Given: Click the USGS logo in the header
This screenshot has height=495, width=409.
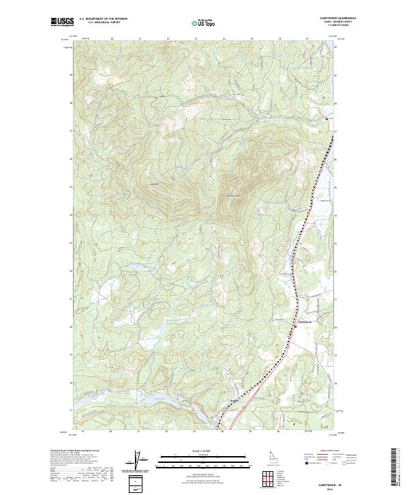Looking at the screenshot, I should click(x=62, y=22).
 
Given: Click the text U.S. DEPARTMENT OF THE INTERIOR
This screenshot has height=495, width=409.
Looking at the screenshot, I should click(x=103, y=19).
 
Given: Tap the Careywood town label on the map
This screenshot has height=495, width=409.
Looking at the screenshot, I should click(x=305, y=322).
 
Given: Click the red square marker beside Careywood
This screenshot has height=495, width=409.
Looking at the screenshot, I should click(x=296, y=326).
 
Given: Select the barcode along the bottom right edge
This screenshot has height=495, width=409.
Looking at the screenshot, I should click(x=394, y=468).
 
